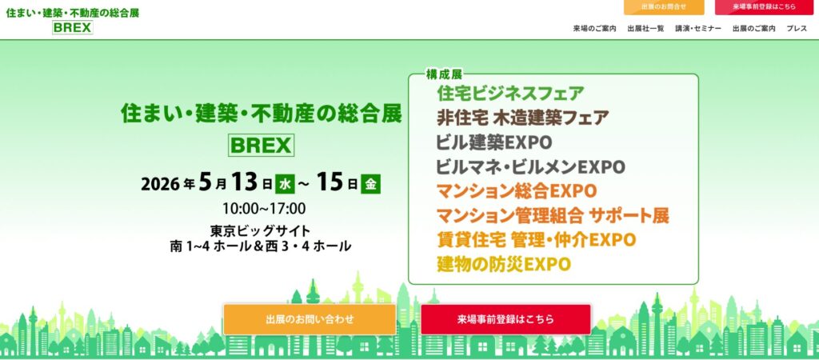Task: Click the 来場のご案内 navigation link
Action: pos(594,29)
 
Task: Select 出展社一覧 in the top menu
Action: pos(645,29)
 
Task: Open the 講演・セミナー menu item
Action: pos(697,29)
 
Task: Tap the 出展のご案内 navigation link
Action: pos(753,29)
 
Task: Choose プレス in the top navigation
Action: pos(797,29)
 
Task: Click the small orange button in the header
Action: pos(663,6)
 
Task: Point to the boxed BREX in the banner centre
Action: pos(262,146)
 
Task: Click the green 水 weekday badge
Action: pos(286,184)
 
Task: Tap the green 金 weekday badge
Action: pos(370,184)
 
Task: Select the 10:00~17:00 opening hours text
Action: pos(264,209)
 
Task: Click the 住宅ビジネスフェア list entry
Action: pos(510,93)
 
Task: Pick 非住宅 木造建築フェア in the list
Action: pos(523,118)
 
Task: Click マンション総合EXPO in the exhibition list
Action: pos(516,191)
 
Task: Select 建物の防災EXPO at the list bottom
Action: pos(504,264)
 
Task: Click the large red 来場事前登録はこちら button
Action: pos(505,319)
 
